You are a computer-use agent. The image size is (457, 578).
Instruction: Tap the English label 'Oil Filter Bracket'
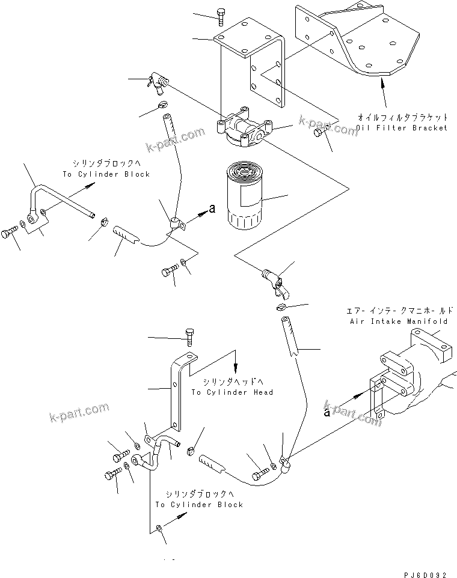click(402, 128)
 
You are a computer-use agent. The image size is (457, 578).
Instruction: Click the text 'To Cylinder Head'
click(232, 392)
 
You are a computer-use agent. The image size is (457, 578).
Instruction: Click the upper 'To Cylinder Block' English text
click(106, 174)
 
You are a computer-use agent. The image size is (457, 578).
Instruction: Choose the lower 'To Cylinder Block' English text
click(199, 505)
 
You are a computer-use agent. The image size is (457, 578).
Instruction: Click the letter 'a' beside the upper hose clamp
click(211, 208)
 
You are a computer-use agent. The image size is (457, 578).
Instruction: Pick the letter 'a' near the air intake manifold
click(327, 412)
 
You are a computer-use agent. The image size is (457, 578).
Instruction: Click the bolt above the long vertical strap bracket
click(190, 336)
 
